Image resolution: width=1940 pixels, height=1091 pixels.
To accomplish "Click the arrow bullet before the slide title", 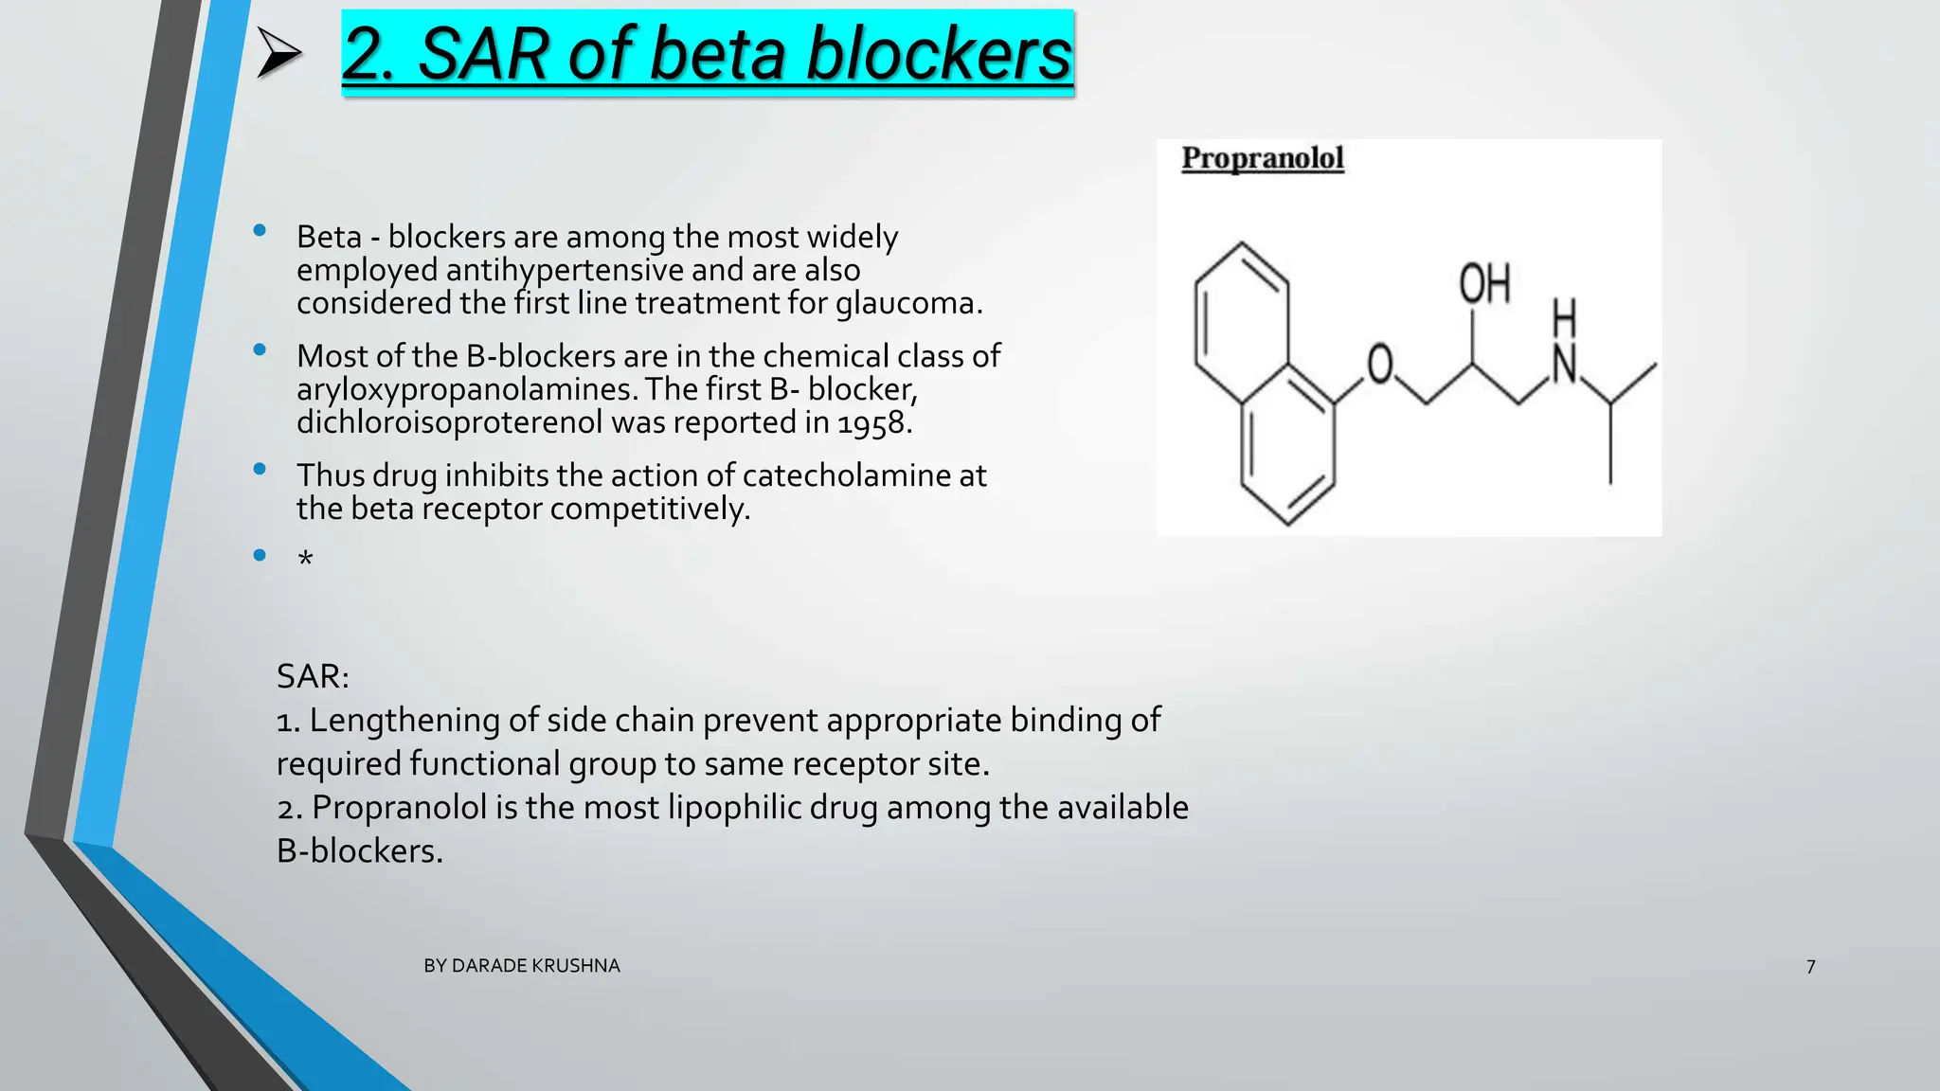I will click(279, 54).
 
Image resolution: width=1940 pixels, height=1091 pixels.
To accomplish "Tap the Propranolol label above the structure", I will click(1263, 158).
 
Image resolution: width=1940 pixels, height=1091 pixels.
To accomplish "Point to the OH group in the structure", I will click(1484, 284).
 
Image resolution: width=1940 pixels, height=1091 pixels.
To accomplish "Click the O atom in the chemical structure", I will click(1380, 365).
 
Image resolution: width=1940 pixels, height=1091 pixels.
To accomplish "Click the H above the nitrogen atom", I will click(1565, 318).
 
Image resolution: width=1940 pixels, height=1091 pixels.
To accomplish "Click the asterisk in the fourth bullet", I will click(305, 560).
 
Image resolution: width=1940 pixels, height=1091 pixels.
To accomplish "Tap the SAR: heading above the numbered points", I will click(313, 676).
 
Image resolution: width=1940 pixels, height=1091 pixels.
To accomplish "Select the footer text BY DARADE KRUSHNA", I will click(522, 966).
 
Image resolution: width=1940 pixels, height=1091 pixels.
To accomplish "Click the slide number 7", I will click(1810, 967).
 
